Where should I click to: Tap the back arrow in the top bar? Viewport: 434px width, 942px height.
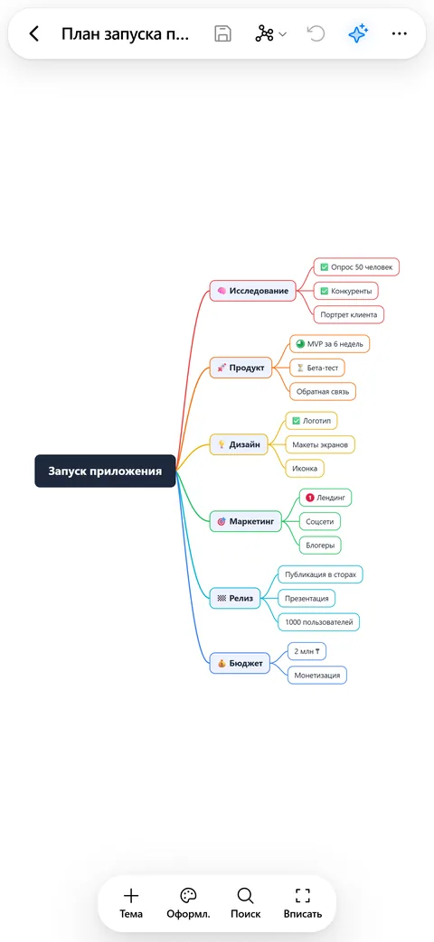coord(34,33)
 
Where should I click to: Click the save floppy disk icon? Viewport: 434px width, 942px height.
coord(223,33)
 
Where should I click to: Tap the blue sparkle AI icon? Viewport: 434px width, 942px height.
coord(358,33)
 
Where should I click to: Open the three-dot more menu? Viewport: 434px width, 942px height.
coord(400,33)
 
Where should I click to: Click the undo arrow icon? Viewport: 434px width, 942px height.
coord(316,33)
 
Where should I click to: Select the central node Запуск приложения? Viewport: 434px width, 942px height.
coord(105,471)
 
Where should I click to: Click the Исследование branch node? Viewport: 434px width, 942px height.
coord(253,292)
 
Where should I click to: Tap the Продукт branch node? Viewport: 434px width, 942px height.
coord(241,368)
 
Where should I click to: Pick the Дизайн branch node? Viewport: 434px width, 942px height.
coord(239,444)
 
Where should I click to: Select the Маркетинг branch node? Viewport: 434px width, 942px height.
coord(246,521)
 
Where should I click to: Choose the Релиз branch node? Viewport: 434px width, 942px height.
coord(235,599)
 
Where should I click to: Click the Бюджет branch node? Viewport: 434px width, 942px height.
coord(240,663)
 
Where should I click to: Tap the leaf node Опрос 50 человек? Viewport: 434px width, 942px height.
coord(356,266)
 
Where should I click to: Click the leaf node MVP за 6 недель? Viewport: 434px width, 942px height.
coord(329,343)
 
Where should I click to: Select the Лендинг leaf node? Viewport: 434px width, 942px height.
coord(325,498)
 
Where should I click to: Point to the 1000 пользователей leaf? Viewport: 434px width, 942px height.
coord(318,621)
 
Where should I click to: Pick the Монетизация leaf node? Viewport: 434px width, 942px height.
coord(317,675)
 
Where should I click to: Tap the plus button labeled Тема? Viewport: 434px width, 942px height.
coord(131,903)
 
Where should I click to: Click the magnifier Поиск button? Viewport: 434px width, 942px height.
coord(245,903)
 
